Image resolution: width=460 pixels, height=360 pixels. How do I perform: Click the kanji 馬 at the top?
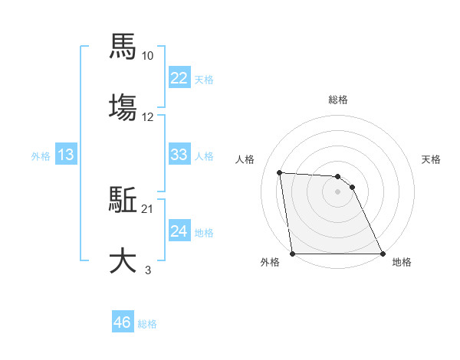click(123, 47)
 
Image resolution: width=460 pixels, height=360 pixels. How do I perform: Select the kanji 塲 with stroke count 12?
click(123, 106)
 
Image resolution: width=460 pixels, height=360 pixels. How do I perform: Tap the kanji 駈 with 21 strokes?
click(123, 201)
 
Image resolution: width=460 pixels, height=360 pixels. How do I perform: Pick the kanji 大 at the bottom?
click(123, 260)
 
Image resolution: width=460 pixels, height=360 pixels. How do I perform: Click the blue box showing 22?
click(179, 78)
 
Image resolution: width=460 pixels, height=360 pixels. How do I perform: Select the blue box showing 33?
click(179, 155)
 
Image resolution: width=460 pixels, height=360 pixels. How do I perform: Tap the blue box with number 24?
click(179, 231)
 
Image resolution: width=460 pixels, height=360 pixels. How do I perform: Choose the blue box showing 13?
click(66, 155)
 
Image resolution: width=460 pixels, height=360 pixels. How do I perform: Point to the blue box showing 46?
click(123, 322)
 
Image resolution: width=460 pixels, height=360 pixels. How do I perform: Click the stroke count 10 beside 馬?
click(148, 56)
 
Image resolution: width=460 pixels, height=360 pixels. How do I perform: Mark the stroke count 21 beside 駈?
click(148, 209)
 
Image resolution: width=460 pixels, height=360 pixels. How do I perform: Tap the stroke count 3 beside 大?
click(148, 270)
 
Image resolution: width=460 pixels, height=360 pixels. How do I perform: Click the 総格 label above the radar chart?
click(337, 100)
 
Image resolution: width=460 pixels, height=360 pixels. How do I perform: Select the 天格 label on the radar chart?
click(432, 159)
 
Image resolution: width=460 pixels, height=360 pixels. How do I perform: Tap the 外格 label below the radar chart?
click(270, 263)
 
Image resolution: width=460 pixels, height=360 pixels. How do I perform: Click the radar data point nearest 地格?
click(383, 254)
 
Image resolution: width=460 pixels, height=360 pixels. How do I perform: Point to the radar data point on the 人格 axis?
click(280, 173)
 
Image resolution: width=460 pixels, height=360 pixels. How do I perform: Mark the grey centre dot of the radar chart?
click(337, 191)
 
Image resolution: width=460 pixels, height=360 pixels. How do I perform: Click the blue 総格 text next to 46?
click(147, 324)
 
